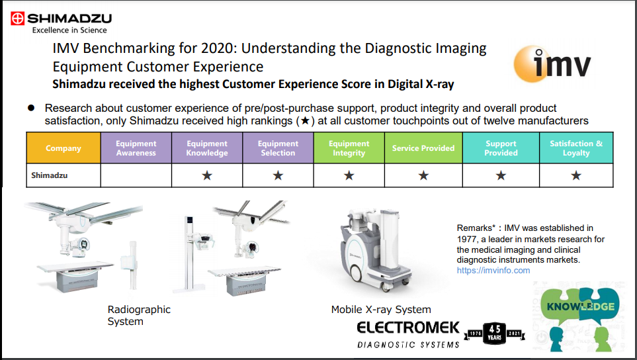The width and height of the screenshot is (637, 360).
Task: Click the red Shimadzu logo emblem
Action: coord(17,19)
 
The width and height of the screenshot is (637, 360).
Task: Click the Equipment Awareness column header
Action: coord(136,148)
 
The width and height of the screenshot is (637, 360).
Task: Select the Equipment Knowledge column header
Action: coord(207,148)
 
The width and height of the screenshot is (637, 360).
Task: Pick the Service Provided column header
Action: coord(423,148)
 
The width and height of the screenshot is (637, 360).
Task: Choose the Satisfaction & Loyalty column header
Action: coord(576,148)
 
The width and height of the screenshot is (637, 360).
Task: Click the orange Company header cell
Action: coord(64,148)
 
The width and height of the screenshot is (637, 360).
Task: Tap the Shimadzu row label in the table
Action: coord(50,175)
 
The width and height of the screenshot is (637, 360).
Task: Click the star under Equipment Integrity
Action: coord(349,175)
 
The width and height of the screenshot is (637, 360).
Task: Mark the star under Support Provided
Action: coord(501,175)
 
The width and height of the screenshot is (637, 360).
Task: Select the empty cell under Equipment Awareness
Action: coord(136,175)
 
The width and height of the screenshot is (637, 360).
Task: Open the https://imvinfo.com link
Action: coord(493,271)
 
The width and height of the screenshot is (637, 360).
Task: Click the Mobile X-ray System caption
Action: coord(381,310)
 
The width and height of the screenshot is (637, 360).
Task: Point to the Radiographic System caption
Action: coord(139,315)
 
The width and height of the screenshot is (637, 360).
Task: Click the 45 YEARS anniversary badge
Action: coord(494,334)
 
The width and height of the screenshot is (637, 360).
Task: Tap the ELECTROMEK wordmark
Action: coord(408,328)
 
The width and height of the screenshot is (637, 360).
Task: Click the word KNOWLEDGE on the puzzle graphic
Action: coord(581,306)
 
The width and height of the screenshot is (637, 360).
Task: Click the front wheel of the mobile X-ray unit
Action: coord(357,273)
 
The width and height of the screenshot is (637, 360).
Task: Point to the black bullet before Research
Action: coord(31,108)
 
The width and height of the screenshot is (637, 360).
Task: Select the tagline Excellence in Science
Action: coord(69,30)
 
